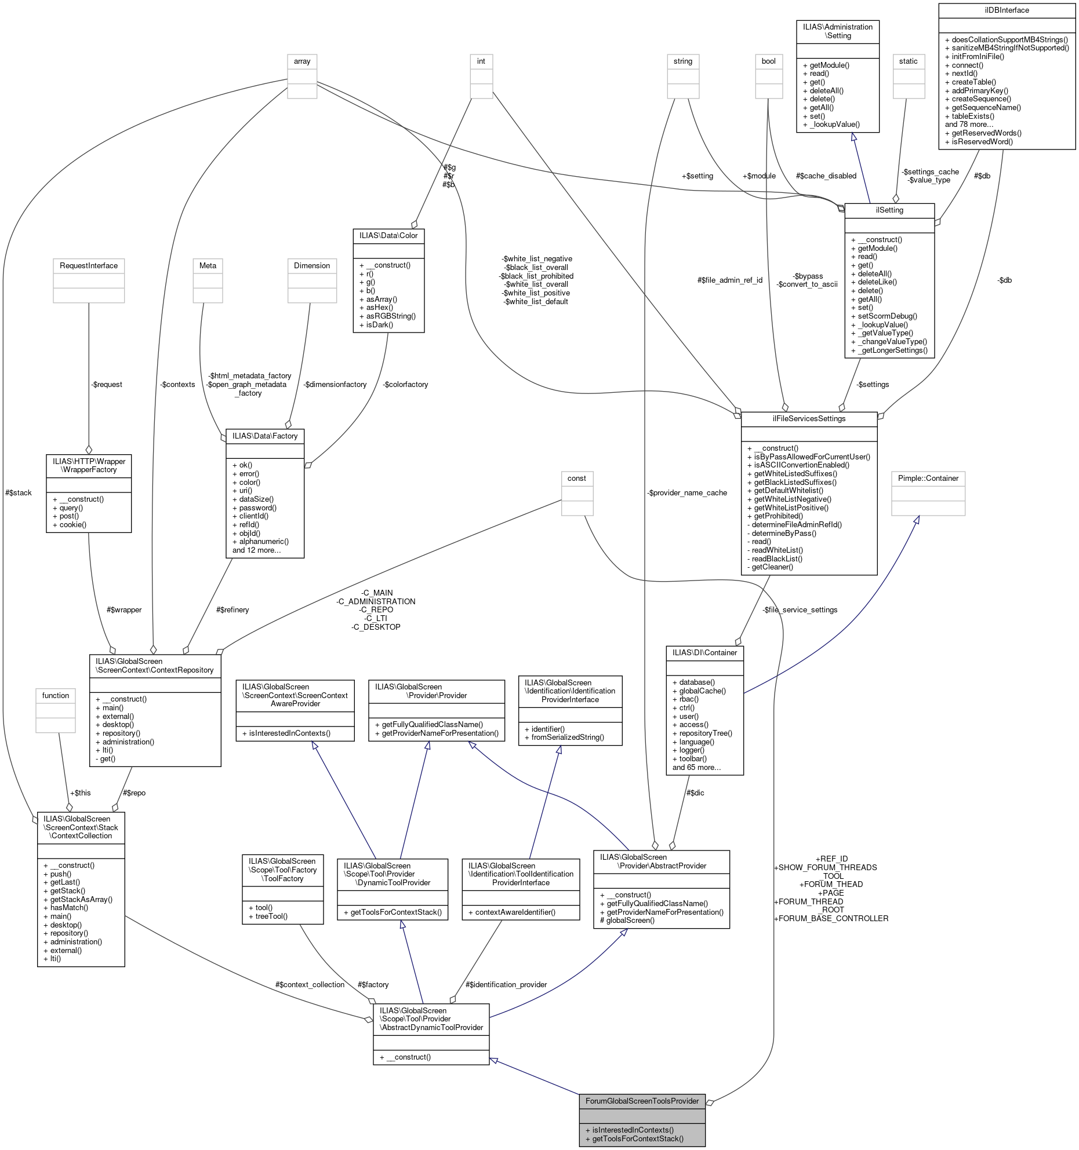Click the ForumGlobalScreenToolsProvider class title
(x=642, y=1101)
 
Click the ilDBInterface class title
(x=1007, y=10)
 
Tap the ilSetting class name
(x=889, y=210)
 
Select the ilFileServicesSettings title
(x=809, y=419)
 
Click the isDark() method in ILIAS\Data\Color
(x=379, y=325)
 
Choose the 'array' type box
(x=302, y=61)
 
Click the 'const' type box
(x=577, y=479)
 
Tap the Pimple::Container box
(x=928, y=479)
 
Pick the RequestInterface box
(x=89, y=266)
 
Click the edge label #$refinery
(x=232, y=609)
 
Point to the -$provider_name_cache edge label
(x=687, y=492)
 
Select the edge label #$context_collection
(x=310, y=984)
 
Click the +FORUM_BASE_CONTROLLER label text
(x=831, y=918)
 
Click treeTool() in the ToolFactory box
(x=271, y=916)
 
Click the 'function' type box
(x=56, y=696)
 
